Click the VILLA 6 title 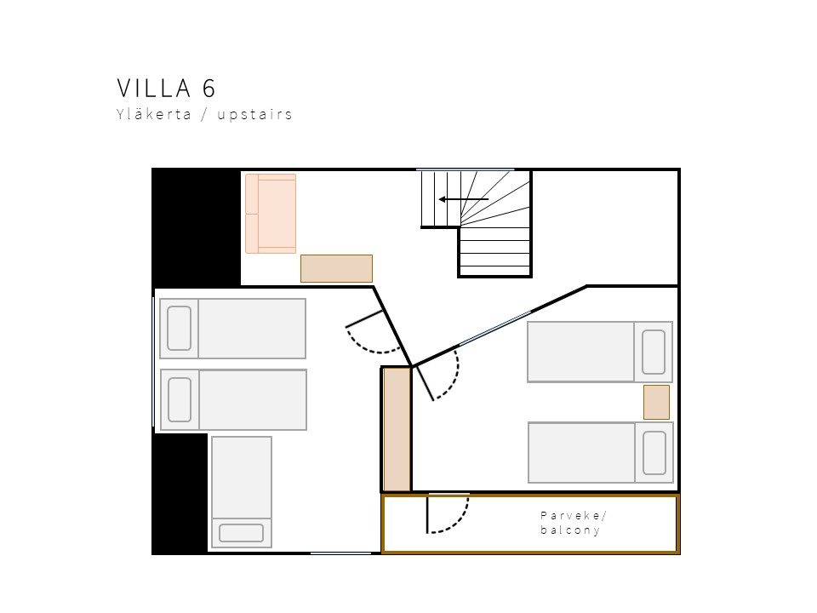click(166, 88)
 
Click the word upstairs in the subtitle click(254, 115)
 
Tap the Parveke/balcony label click(573, 523)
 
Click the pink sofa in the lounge click(271, 214)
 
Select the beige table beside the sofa click(337, 268)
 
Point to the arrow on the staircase click(464, 199)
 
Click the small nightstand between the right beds click(656, 403)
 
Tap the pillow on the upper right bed click(654, 352)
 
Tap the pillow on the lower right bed click(654, 452)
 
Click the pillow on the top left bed click(180, 329)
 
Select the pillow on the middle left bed click(180, 400)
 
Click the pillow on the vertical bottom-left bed click(241, 533)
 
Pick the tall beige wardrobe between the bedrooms click(397, 429)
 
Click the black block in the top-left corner click(197, 227)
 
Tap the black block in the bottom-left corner click(180, 494)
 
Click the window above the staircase click(466, 169)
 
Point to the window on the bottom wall click(340, 553)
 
